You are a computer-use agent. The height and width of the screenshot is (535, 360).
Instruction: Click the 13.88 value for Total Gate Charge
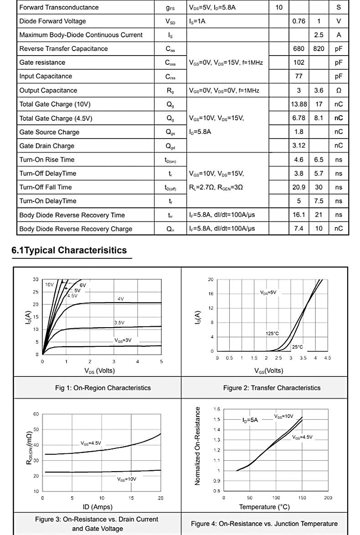(299, 104)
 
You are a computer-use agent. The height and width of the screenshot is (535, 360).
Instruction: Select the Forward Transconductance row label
(59, 7)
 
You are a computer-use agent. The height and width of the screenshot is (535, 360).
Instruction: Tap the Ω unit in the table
(339, 91)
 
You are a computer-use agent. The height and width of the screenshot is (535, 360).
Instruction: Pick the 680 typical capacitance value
(299, 49)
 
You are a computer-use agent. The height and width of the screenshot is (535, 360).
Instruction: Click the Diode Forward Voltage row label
(52, 21)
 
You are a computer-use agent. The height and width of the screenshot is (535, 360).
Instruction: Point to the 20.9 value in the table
(299, 187)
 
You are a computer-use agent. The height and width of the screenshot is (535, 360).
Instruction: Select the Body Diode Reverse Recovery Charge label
(76, 229)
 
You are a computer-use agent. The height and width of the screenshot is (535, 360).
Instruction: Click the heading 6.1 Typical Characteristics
(69, 250)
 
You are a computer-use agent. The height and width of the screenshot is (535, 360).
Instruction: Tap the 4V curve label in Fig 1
(121, 299)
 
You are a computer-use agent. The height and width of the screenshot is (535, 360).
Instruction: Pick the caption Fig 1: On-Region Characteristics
(103, 388)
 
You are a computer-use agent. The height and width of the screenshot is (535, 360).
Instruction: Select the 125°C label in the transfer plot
(272, 334)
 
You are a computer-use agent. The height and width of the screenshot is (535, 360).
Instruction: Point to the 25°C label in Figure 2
(297, 347)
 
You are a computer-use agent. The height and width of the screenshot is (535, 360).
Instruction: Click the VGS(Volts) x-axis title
(268, 370)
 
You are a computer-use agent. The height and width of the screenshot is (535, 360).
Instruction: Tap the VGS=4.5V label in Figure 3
(91, 443)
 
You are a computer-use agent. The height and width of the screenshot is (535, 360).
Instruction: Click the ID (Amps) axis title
(98, 507)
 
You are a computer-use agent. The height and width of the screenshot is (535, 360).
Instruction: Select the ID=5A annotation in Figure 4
(250, 420)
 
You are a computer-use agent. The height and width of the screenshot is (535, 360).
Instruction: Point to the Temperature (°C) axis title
(264, 507)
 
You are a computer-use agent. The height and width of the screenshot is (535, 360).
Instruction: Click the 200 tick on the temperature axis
(328, 498)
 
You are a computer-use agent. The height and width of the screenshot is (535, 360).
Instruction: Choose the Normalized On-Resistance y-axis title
(198, 446)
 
